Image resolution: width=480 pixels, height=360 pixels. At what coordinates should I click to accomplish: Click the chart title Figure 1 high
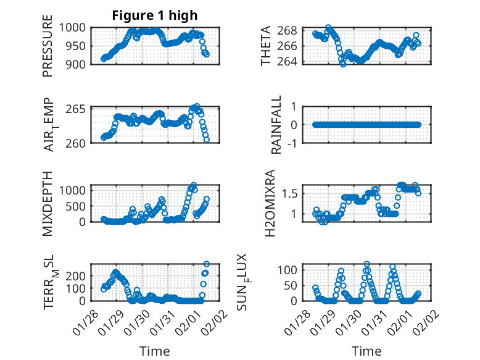155,15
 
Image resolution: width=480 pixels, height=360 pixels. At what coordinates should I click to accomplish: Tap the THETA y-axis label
266,46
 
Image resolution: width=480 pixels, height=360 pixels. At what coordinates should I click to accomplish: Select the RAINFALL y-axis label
277,125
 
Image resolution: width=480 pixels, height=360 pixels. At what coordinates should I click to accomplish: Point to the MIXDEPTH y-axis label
48,203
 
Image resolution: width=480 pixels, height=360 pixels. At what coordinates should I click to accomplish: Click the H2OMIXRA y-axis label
269,203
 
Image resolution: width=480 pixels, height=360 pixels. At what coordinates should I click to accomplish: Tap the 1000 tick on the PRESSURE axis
77,27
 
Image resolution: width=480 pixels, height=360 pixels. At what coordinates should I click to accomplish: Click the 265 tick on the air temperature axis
80,109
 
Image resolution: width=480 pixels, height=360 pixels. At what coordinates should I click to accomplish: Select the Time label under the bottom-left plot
155,351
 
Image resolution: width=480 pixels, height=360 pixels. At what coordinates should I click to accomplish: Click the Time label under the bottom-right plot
366,351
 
